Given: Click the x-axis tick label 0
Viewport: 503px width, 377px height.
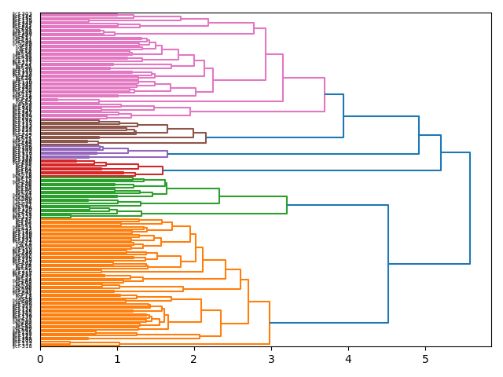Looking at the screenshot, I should click(40, 359).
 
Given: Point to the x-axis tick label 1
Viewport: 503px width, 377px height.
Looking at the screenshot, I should click(117, 359).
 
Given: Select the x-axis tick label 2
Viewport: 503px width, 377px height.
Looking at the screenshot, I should click(194, 359).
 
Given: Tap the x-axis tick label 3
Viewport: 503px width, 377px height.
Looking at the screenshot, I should click(271, 359).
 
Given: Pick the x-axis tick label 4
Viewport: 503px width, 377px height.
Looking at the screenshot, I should click(348, 359).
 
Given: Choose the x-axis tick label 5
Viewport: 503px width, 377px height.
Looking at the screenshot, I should click(425, 359).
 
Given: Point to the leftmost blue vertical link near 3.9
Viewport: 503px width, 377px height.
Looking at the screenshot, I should click(343, 115).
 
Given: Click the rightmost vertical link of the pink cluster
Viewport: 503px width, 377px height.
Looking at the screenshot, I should click(325, 94).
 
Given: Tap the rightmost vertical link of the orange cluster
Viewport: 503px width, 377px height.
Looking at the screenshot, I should click(270, 322).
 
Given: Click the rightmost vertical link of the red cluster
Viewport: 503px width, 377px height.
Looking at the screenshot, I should click(163, 170).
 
